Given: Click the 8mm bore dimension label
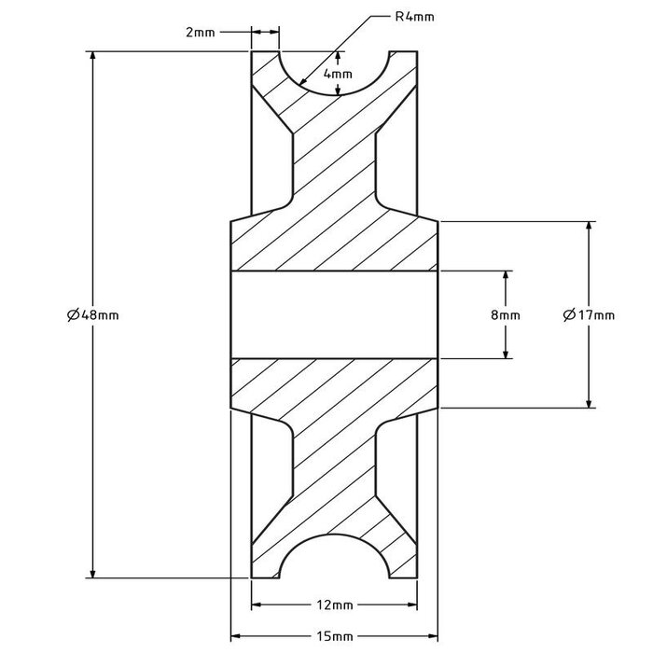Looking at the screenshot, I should coord(506,315).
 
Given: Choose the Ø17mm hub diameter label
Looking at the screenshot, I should coord(589,315).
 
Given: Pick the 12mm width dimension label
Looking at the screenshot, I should coord(333,604).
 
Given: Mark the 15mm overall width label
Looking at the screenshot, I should coord(333,636).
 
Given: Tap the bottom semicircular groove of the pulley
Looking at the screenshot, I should coord(333,560).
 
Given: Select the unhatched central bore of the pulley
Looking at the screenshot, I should coord(333,314).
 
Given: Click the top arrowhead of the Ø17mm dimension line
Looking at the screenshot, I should coord(589,227).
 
